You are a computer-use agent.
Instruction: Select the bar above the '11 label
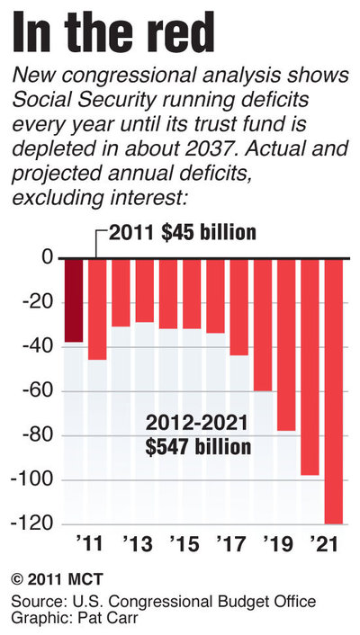(97, 309)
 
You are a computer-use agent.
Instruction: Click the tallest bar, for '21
(333, 390)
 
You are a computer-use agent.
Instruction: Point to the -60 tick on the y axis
(32, 392)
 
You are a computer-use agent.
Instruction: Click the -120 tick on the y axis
(29, 523)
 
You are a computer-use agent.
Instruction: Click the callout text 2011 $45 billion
(183, 232)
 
